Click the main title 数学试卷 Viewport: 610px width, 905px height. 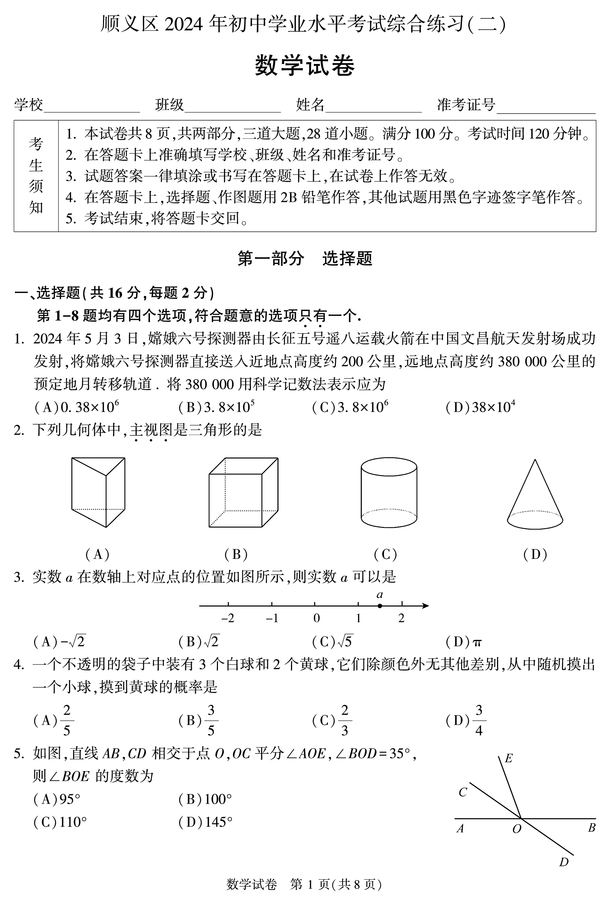tap(305, 65)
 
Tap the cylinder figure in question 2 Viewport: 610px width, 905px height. tap(389, 492)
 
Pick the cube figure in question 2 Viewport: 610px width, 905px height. tap(243, 492)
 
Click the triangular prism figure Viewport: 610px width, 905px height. tap(98, 492)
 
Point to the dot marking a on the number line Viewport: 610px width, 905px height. tap(380, 605)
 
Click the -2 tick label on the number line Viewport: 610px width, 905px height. tap(227, 618)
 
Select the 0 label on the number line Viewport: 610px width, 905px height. tap(316, 618)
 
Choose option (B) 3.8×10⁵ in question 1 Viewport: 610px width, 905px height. tap(217, 407)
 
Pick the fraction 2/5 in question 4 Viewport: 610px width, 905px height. tap(67, 721)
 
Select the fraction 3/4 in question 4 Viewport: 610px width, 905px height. tap(479, 721)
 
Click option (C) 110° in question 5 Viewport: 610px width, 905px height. tap(60, 822)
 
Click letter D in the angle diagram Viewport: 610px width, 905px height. tap(564, 862)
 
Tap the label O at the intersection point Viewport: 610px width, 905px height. tap(516, 829)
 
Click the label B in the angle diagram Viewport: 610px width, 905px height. tap(591, 828)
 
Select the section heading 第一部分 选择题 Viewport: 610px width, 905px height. tap(305, 259)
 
